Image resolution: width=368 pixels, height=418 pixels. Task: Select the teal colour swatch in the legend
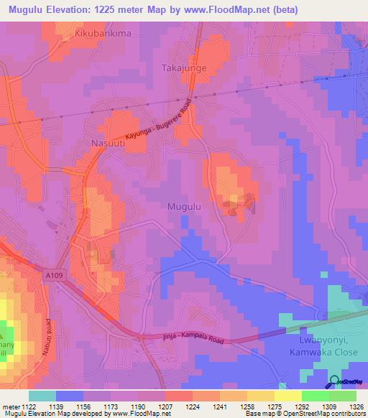pos(42,396)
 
